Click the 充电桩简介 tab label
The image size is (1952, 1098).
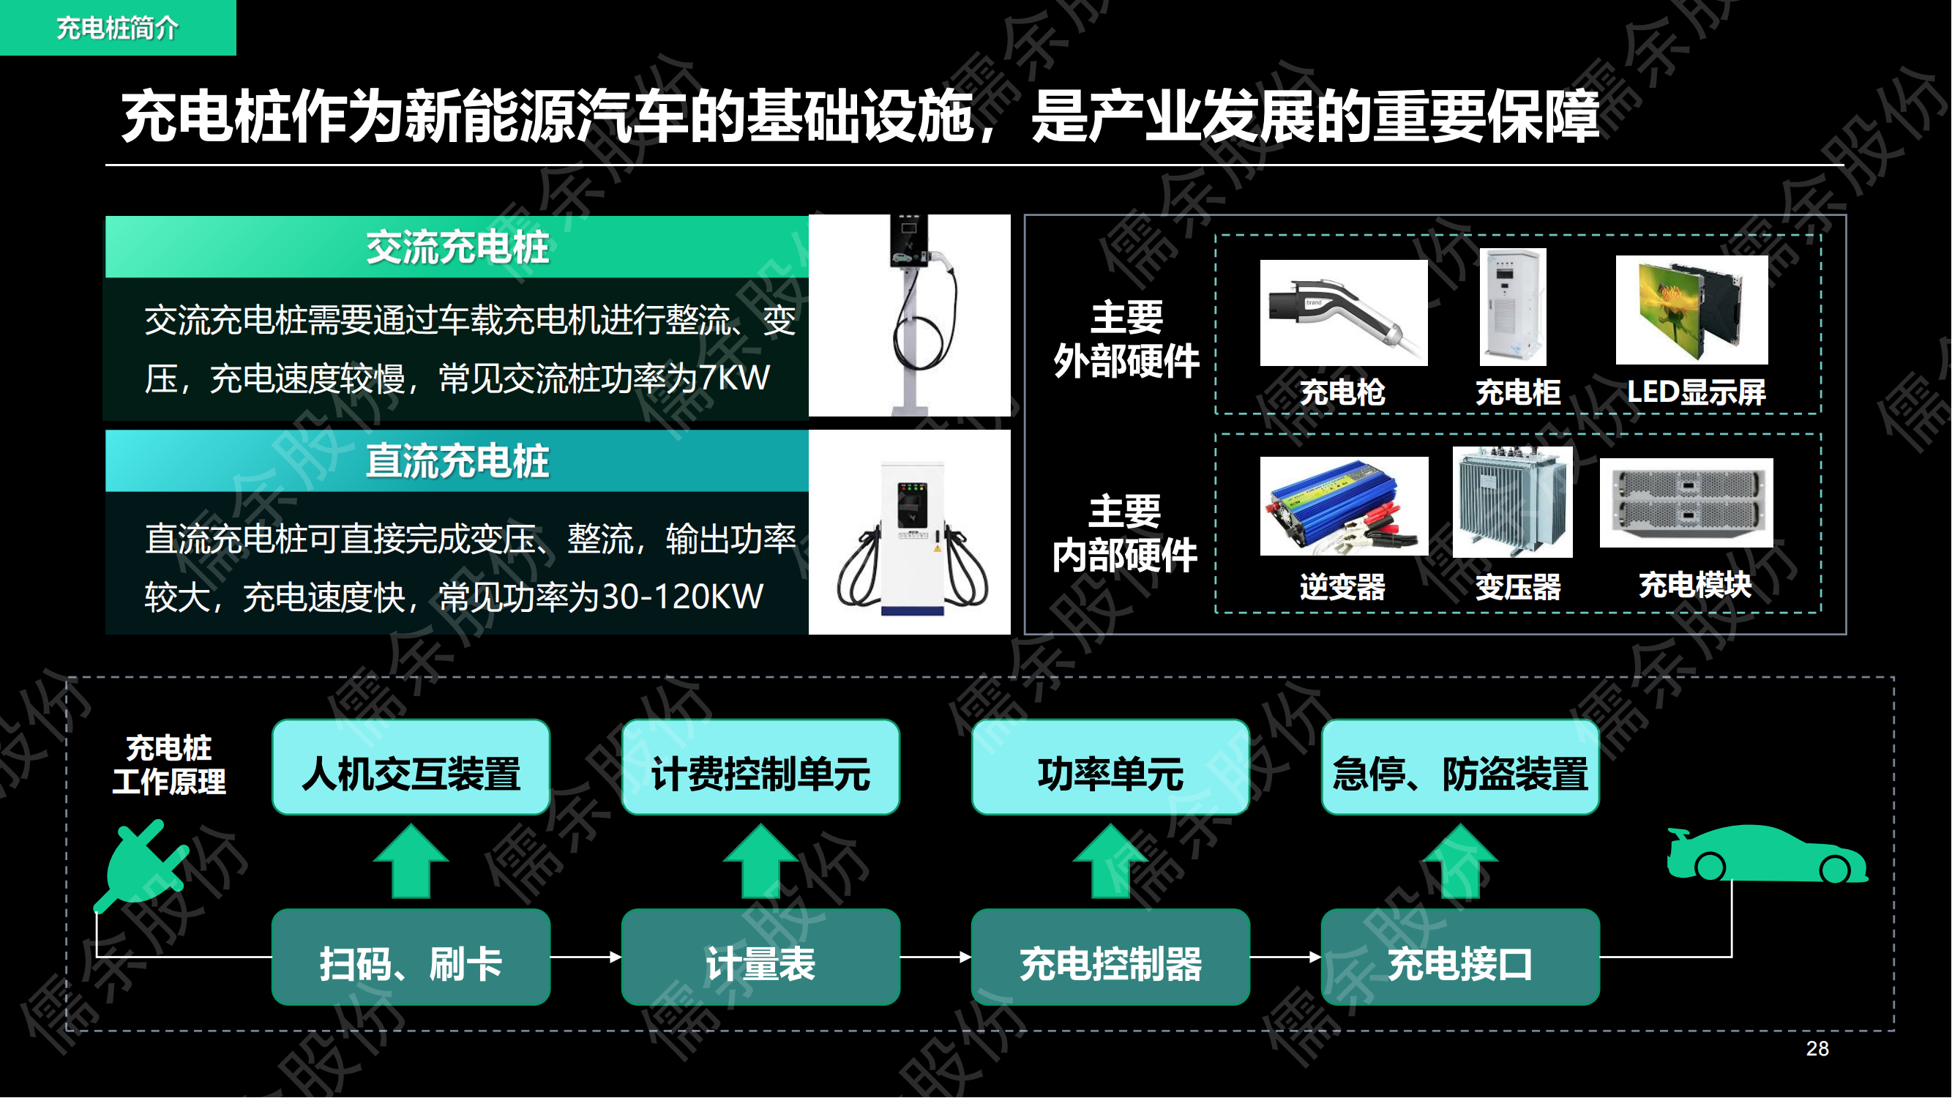(x=117, y=28)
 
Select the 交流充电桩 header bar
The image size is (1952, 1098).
(x=457, y=247)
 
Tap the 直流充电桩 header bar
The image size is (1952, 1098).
(x=457, y=460)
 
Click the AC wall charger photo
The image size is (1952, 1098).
(x=909, y=315)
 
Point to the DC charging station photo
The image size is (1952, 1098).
(x=909, y=532)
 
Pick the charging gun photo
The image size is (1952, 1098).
(x=1344, y=313)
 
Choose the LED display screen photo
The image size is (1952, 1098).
(x=1691, y=309)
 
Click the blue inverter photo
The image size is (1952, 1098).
(x=1344, y=505)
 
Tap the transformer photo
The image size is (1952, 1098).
(x=1513, y=501)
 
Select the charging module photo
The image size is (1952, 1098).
(x=1686, y=502)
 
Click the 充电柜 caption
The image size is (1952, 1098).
(x=1518, y=392)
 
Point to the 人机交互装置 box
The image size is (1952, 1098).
(x=411, y=767)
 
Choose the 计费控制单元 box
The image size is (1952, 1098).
(x=760, y=767)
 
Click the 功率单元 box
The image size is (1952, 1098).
(x=1110, y=767)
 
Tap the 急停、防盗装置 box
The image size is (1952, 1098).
(x=1460, y=767)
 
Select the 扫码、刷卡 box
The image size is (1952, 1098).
(x=411, y=957)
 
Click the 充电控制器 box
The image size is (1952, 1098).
(x=1110, y=957)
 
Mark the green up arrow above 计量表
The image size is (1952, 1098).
(x=760, y=861)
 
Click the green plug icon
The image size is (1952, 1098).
(x=142, y=864)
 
